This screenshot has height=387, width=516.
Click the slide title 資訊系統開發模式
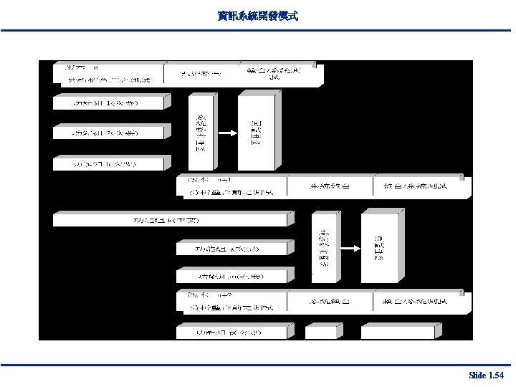click(257, 15)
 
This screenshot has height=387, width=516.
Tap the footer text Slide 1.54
click(486, 376)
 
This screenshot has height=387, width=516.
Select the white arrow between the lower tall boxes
click(348, 247)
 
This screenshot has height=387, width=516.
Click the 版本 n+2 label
click(209, 294)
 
